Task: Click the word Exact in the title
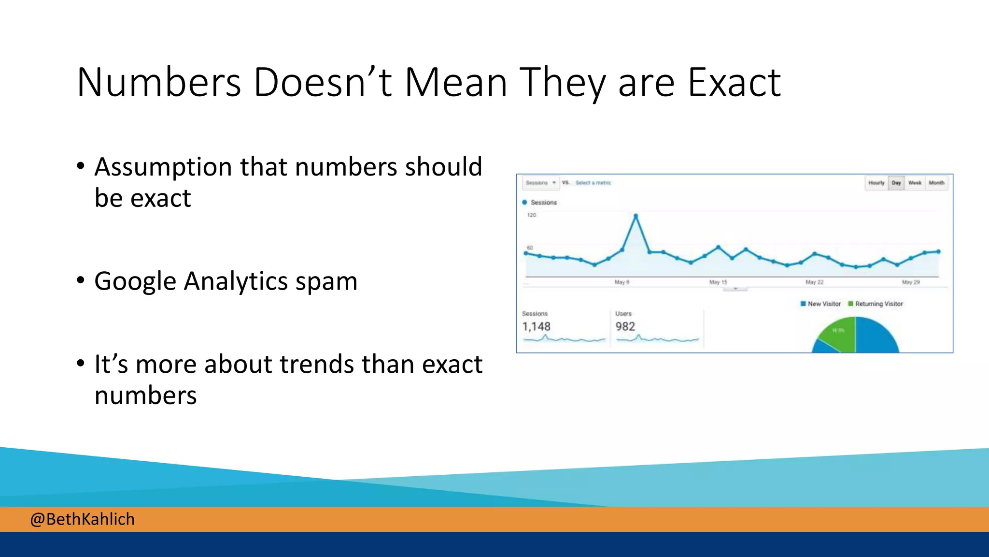pyautogui.click(x=734, y=83)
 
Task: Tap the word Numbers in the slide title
pyautogui.click(x=158, y=83)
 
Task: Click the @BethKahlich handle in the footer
pyautogui.click(x=82, y=519)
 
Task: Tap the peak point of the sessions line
pyautogui.click(x=636, y=216)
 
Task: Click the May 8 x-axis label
pyautogui.click(x=622, y=282)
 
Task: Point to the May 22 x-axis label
pyautogui.click(x=814, y=282)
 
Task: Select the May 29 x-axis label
pyautogui.click(x=911, y=282)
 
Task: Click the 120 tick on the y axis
pyautogui.click(x=531, y=215)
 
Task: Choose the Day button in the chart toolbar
pyautogui.click(x=896, y=183)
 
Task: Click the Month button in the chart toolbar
pyautogui.click(x=936, y=183)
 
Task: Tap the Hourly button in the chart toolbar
pyautogui.click(x=876, y=183)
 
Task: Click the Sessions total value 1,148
pyautogui.click(x=536, y=327)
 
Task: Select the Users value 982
pyautogui.click(x=625, y=327)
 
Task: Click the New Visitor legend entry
pyautogui.click(x=821, y=304)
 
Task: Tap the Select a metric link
pyautogui.click(x=593, y=183)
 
